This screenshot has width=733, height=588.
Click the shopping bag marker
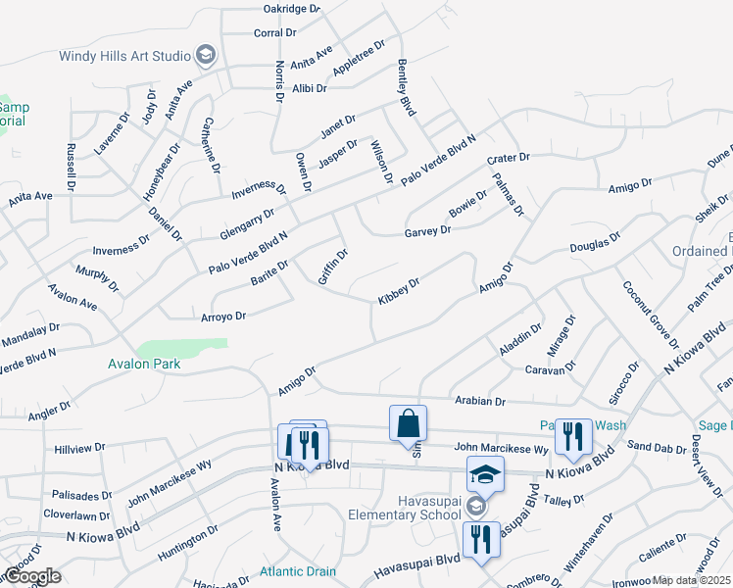pyautogui.click(x=409, y=424)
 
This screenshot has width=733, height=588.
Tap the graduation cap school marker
pyautogui.click(x=484, y=475)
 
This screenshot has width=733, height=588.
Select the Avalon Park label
pyautogui.click(x=145, y=364)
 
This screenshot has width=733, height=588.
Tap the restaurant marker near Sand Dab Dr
pyautogui.click(x=573, y=436)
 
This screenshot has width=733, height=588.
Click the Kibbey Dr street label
pyautogui.click(x=399, y=290)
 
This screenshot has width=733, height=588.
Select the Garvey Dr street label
pyautogui.click(x=427, y=232)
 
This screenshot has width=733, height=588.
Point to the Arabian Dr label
pyautogui.click(x=480, y=402)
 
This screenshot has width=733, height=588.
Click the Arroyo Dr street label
pyautogui.click(x=222, y=317)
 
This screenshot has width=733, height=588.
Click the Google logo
pyautogui.click(x=31, y=576)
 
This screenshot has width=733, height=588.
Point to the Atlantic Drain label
pyautogui.click(x=298, y=572)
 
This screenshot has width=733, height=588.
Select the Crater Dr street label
pyautogui.click(x=508, y=158)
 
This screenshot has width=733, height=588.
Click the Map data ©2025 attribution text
pyautogui.click(x=690, y=580)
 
